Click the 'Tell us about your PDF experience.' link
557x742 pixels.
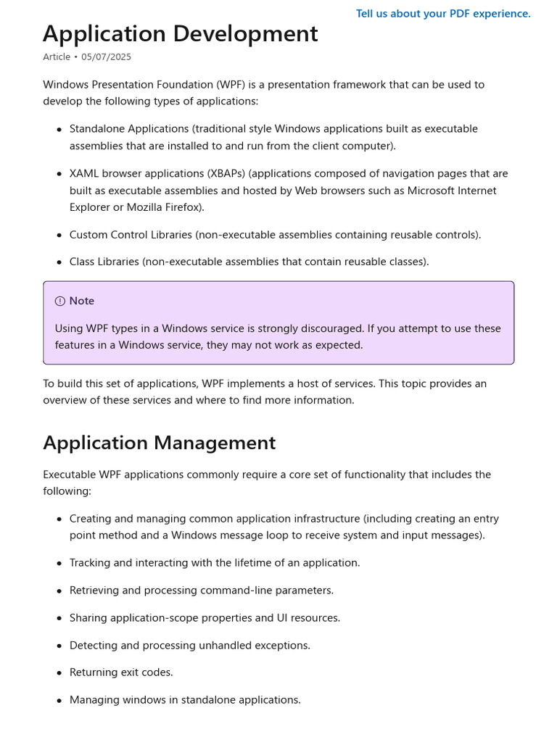(443, 14)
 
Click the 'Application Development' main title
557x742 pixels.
(180, 34)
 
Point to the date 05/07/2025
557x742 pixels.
(107, 57)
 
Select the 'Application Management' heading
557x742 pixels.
(159, 443)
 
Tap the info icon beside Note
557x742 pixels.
(60, 301)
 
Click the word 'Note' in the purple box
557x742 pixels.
(82, 301)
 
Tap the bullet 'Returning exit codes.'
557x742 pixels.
(121, 672)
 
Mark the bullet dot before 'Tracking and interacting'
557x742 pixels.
(59, 564)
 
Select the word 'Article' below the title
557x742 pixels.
(57, 57)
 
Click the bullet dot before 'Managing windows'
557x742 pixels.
(59, 701)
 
